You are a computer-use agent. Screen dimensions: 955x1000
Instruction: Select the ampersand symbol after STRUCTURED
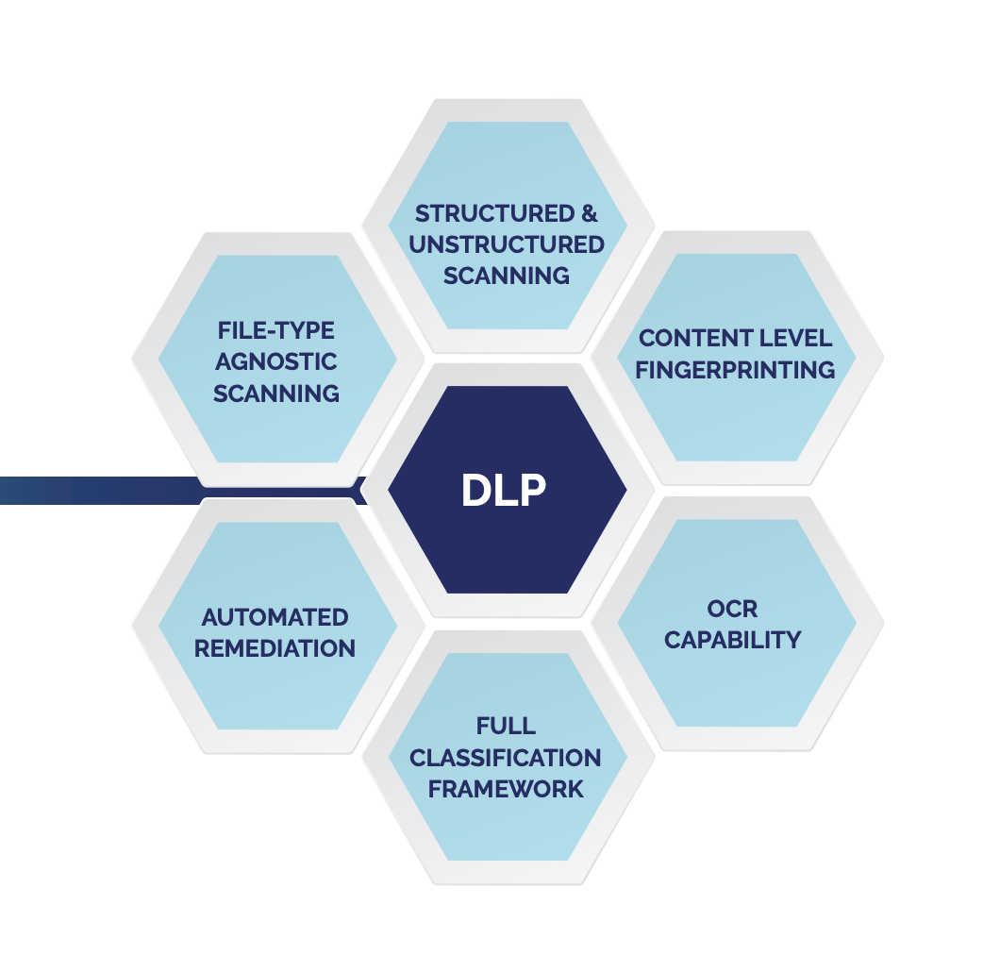click(590, 213)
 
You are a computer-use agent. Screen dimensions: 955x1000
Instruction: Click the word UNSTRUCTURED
click(507, 244)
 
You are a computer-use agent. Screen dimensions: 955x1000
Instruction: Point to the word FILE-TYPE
click(276, 331)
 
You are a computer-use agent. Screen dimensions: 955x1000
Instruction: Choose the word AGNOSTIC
click(276, 362)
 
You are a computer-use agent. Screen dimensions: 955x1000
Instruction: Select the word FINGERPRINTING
click(735, 370)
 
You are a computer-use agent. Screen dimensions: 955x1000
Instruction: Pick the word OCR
click(732, 609)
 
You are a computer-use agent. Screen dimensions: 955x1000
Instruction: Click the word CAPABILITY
click(732, 640)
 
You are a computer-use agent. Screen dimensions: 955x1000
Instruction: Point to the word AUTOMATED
click(275, 618)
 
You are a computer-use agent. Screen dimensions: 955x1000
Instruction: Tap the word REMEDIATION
click(275, 649)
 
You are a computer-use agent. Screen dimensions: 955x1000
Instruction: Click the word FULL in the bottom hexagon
click(506, 727)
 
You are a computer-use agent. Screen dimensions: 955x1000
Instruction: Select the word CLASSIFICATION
click(506, 758)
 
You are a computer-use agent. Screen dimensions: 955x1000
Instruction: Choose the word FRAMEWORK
click(506, 789)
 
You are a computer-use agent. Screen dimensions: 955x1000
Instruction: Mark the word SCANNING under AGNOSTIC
click(276, 394)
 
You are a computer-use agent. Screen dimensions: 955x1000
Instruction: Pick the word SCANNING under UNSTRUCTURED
click(507, 276)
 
